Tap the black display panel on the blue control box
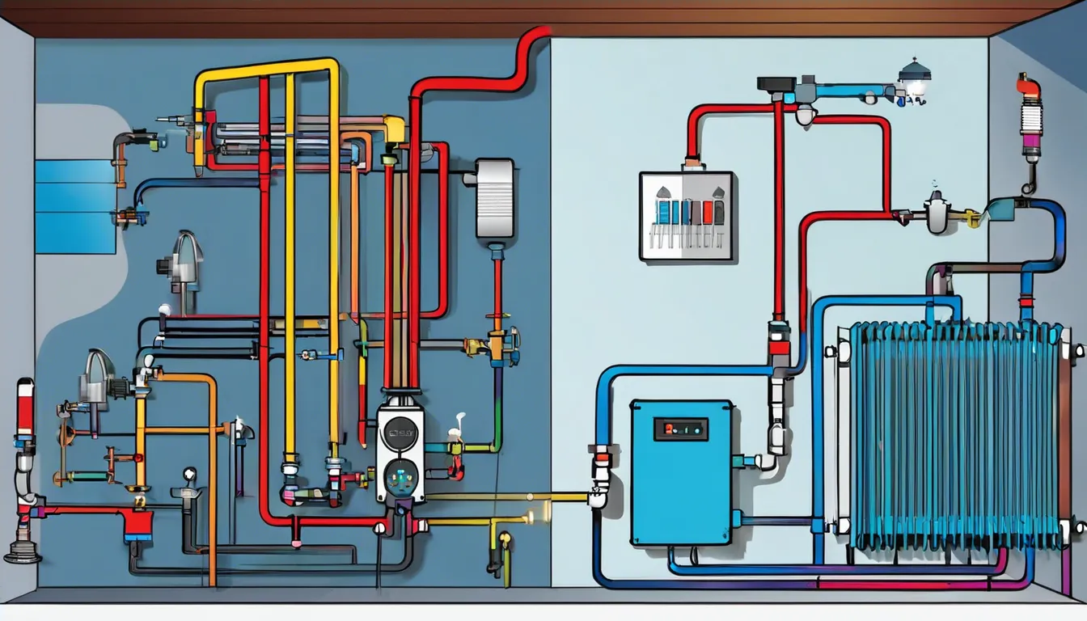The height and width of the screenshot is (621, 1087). pos(680,429)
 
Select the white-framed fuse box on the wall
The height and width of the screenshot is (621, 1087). pos(686,216)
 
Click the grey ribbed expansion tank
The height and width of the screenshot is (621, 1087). pos(494,197)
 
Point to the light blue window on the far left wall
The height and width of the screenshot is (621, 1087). pos(74,205)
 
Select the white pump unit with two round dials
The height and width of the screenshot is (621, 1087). pos(400,453)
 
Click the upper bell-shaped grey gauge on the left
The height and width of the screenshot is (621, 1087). pos(185,257)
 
